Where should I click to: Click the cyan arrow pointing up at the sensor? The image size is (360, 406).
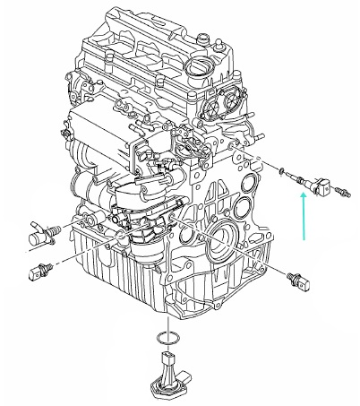click(x=303, y=220)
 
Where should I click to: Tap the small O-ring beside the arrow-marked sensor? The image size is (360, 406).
click(x=283, y=169)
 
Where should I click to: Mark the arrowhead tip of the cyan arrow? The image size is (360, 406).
click(x=303, y=199)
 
